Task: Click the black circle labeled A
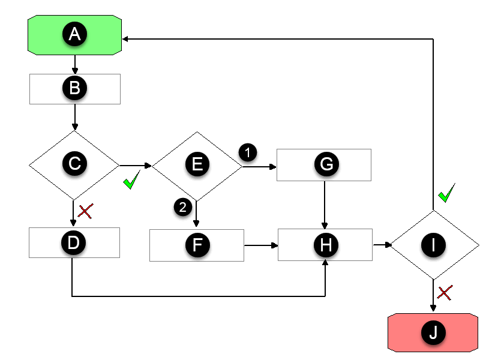click(74, 35)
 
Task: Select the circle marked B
click(74, 88)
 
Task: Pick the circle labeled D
click(74, 244)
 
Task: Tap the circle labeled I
click(434, 245)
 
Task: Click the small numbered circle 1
click(247, 152)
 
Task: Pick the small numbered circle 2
click(182, 207)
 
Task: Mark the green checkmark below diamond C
click(132, 181)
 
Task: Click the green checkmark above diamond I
click(446, 193)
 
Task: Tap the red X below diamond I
click(445, 293)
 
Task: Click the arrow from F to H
click(261, 245)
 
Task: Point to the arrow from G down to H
click(325, 204)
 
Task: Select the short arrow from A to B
click(74, 64)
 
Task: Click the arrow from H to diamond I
click(382, 245)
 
